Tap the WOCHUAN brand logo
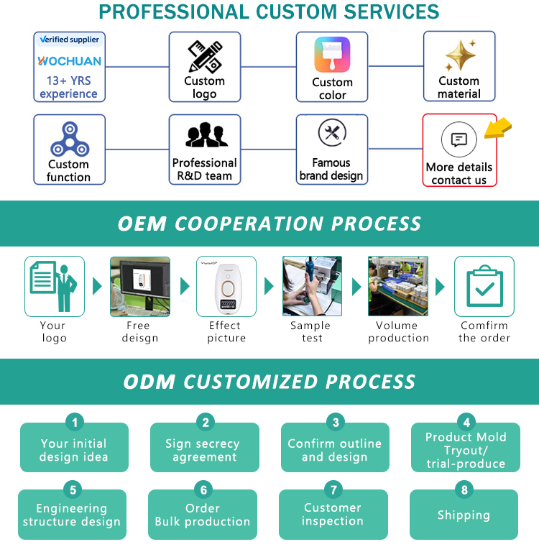pyautogui.click(x=70, y=61)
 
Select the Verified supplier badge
pyautogui.click(x=70, y=40)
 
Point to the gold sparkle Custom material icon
pyautogui.click(x=459, y=56)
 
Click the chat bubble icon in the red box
pyautogui.click(x=459, y=140)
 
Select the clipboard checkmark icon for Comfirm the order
pyautogui.click(x=484, y=286)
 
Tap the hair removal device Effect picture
pyautogui.click(x=226, y=286)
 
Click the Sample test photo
pyautogui.click(x=312, y=286)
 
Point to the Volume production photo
pyautogui.click(x=398, y=286)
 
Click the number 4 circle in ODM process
pyautogui.click(x=466, y=422)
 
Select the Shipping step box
pyautogui.click(x=464, y=515)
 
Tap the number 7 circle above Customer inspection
pyautogui.click(x=333, y=490)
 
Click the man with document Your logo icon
pyautogui.click(x=55, y=286)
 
